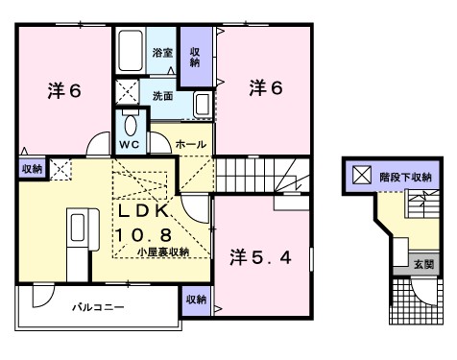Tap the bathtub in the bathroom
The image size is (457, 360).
pos(131,54)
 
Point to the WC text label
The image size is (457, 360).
pos(130,144)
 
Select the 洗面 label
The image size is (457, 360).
pos(162,96)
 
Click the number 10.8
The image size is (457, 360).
pos(146,233)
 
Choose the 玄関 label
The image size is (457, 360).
pos(423,263)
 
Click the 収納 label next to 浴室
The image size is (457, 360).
pos(195,57)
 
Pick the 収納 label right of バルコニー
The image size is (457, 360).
pos(195,300)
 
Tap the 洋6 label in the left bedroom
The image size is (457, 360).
pos(64,90)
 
